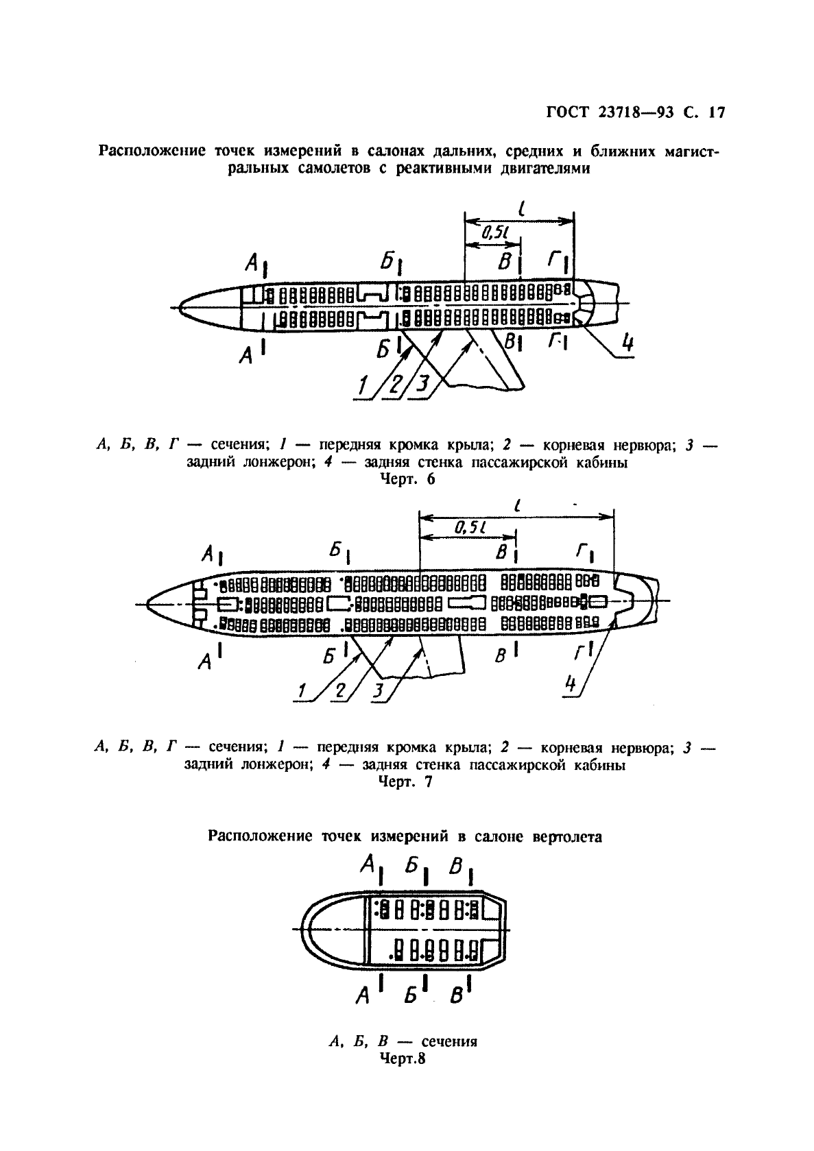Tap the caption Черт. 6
coord(407,479)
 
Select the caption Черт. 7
coord(406,782)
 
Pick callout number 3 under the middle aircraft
coord(378,691)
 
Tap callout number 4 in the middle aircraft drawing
coord(571,686)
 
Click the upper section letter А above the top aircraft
coord(252,261)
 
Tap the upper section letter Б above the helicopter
coord(412,866)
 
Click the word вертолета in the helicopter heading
coord(569,836)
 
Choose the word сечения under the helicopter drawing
coord(449,1042)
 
